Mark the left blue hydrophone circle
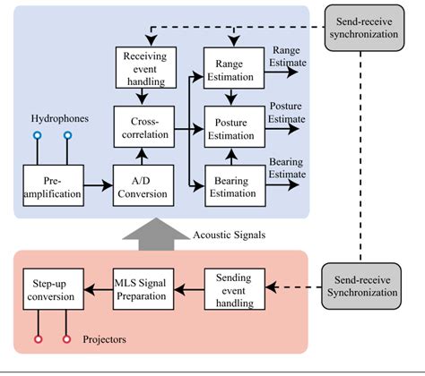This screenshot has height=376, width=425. [x=37, y=136]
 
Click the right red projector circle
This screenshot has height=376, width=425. [x=67, y=340]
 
